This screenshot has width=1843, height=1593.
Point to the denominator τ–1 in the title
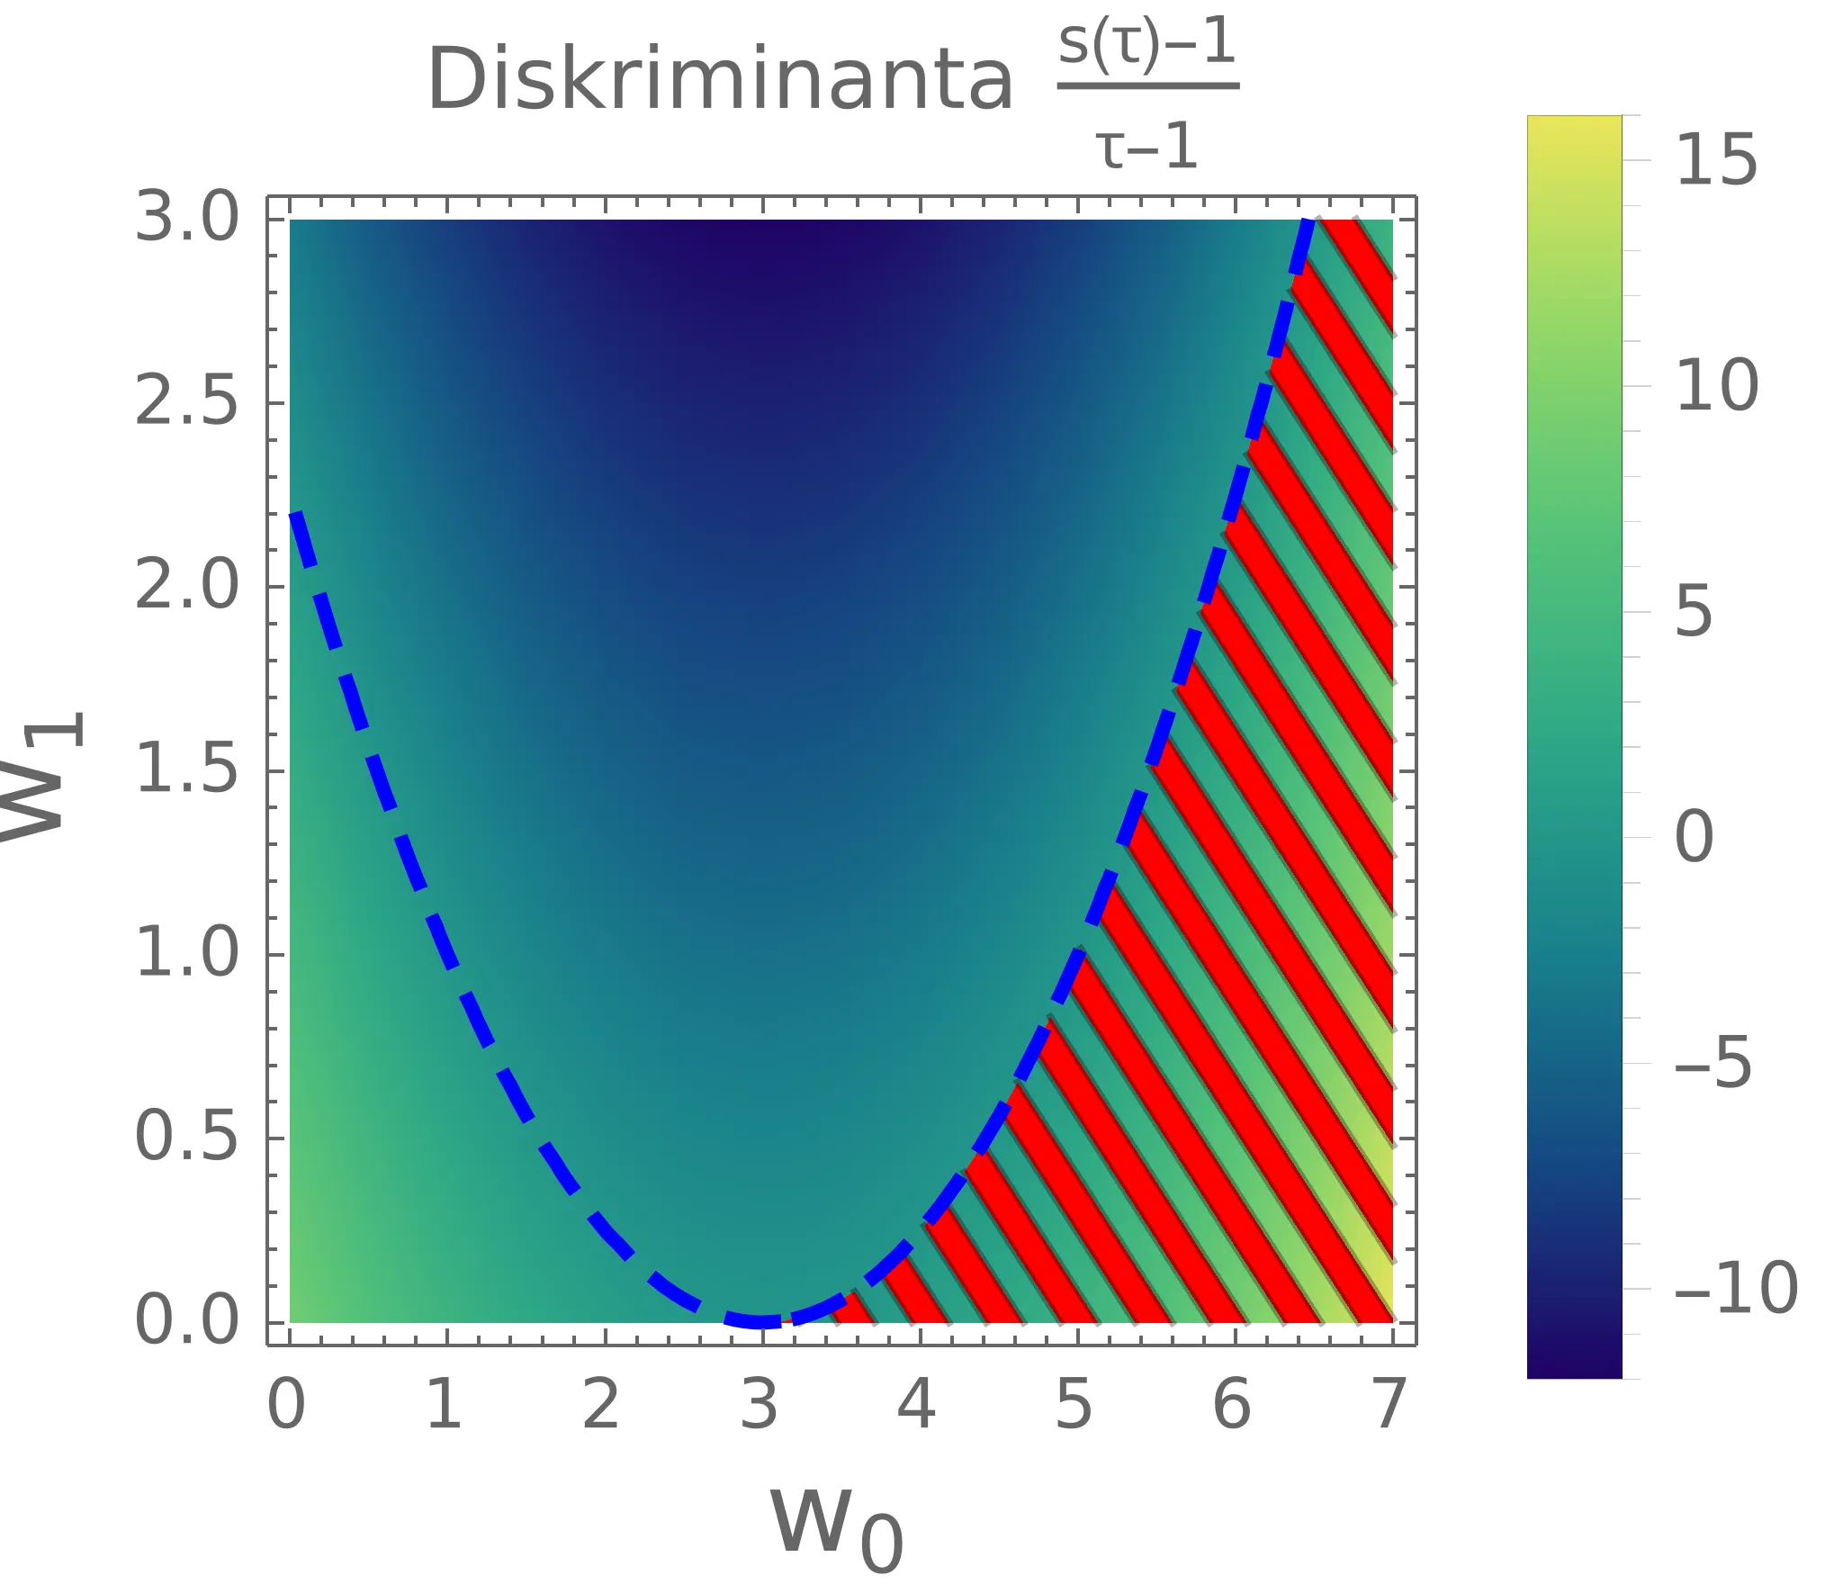pyautogui.click(x=1147, y=147)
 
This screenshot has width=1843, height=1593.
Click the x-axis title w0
pyautogui.click(x=836, y=1525)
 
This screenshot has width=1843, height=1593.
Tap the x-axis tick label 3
pyautogui.click(x=759, y=1405)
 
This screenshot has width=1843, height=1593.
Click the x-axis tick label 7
pyautogui.click(x=1389, y=1405)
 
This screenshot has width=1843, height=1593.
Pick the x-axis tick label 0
pyautogui.click(x=286, y=1405)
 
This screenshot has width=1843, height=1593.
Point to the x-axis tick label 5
pyautogui.click(x=1074, y=1405)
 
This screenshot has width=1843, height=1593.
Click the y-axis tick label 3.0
pyautogui.click(x=187, y=218)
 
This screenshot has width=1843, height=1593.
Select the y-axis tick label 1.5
pyautogui.click(x=187, y=770)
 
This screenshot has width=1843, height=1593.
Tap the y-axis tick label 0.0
pyautogui.click(x=187, y=1321)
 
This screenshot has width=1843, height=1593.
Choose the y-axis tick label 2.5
pyautogui.click(x=187, y=401)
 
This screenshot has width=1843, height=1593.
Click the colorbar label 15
pyautogui.click(x=1716, y=160)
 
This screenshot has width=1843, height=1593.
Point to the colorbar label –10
pyautogui.click(x=1735, y=1289)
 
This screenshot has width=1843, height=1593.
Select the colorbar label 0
pyautogui.click(x=1694, y=837)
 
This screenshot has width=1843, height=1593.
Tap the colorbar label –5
pyautogui.click(x=1713, y=1063)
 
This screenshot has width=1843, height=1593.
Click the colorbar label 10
pyautogui.click(x=1716, y=386)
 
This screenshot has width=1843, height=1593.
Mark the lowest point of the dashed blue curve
pyautogui.click(x=762, y=1321)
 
